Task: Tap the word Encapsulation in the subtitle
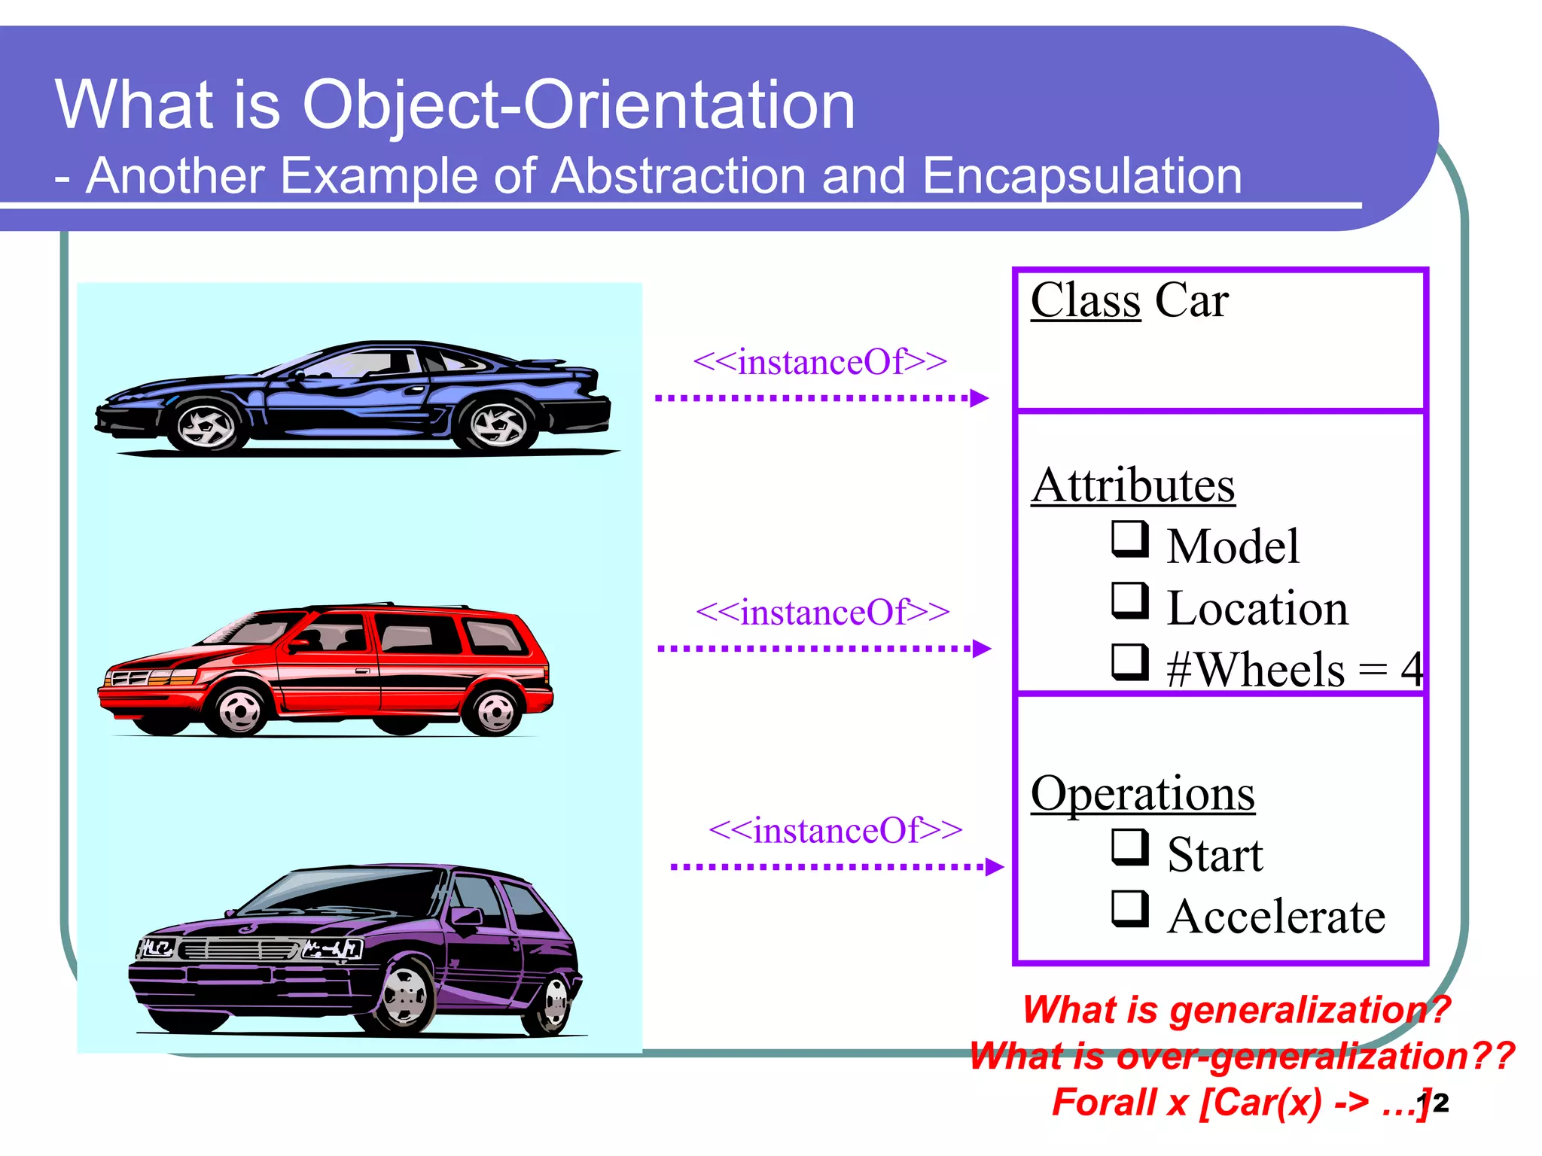1081,176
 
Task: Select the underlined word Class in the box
1085,300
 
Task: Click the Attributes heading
1132,485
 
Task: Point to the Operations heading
1142,793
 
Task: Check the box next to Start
1129,847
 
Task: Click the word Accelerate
1276,917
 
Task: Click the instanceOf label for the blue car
819,362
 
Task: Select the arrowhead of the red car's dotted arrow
982,648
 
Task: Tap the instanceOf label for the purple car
835,831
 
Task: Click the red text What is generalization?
1235,1009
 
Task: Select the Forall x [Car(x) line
1235,1103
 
